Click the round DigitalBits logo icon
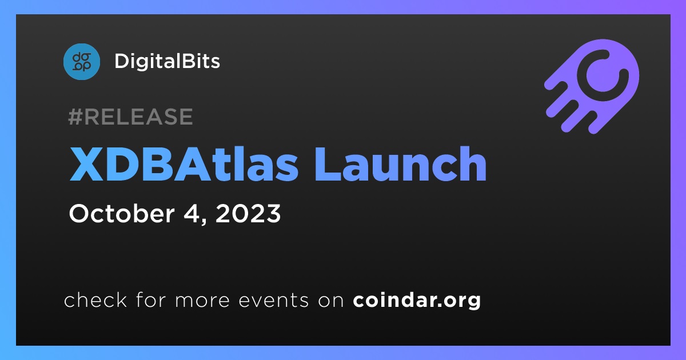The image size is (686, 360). click(81, 62)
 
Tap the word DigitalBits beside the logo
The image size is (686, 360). click(167, 61)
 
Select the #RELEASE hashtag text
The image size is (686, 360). click(130, 117)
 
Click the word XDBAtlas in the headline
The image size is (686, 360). click(184, 164)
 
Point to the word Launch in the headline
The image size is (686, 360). click(401, 164)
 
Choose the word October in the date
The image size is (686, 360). click(122, 213)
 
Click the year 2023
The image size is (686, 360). click(248, 213)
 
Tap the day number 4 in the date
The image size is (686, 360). click(190, 213)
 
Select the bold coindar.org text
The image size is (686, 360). click(417, 301)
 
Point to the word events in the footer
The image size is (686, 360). click(273, 301)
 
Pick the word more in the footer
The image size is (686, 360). click(202, 301)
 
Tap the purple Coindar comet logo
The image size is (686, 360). click(592, 86)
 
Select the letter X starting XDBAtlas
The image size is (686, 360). click(86, 164)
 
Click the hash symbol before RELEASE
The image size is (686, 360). click(75, 117)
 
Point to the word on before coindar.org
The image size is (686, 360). click(331, 301)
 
